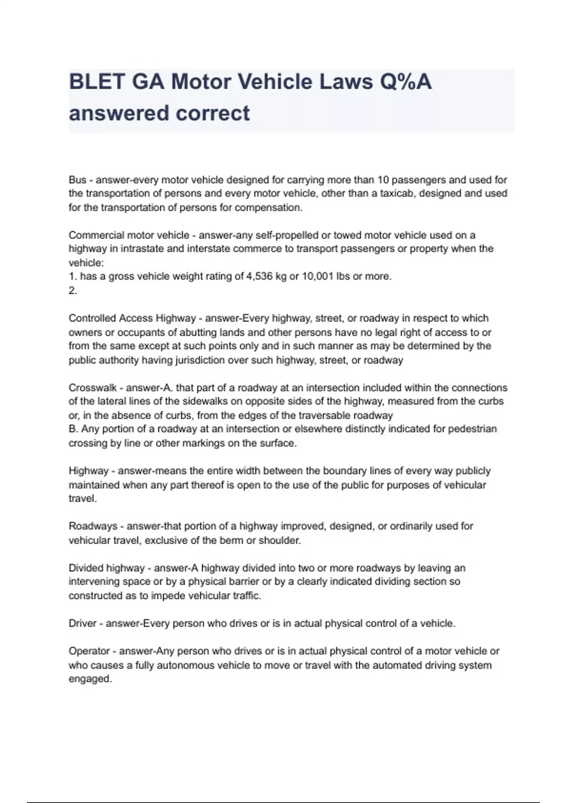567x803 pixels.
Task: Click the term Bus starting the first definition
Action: click(x=77, y=180)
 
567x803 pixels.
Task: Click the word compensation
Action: click(x=268, y=208)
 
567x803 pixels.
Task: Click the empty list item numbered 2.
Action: click(x=73, y=290)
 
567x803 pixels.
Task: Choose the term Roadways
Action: click(x=93, y=526)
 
